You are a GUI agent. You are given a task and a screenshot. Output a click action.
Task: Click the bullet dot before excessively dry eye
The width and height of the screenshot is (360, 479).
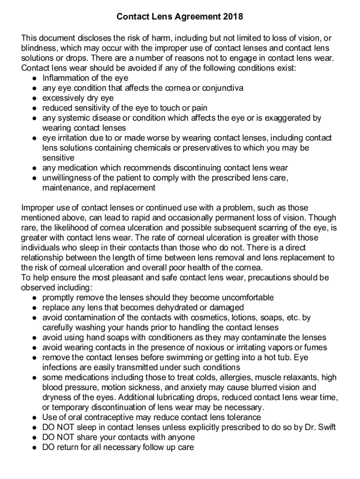tap(35, 98)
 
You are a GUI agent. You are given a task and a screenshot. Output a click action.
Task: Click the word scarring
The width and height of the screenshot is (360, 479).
tap(278, 227)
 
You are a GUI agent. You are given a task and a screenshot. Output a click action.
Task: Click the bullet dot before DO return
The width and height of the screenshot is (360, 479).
tap(35, 447)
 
